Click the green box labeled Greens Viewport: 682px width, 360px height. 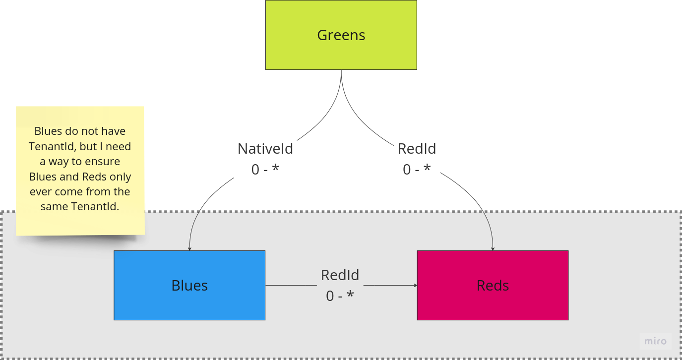341,35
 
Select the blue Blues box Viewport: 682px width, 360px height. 189,285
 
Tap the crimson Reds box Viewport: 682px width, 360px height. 493,285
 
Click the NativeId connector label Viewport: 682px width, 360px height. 265,149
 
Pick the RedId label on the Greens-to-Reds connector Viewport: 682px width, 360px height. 417,149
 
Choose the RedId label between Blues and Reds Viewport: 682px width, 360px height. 340,275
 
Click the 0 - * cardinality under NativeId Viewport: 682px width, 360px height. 265,170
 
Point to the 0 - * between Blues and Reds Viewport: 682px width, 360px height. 340,296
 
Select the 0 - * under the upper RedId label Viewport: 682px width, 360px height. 417,170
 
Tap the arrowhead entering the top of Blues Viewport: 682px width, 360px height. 189,248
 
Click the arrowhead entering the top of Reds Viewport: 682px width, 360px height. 493,248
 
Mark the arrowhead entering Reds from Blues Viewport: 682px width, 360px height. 415,285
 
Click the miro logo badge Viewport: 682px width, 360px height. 655,341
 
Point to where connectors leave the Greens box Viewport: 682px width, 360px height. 341,70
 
